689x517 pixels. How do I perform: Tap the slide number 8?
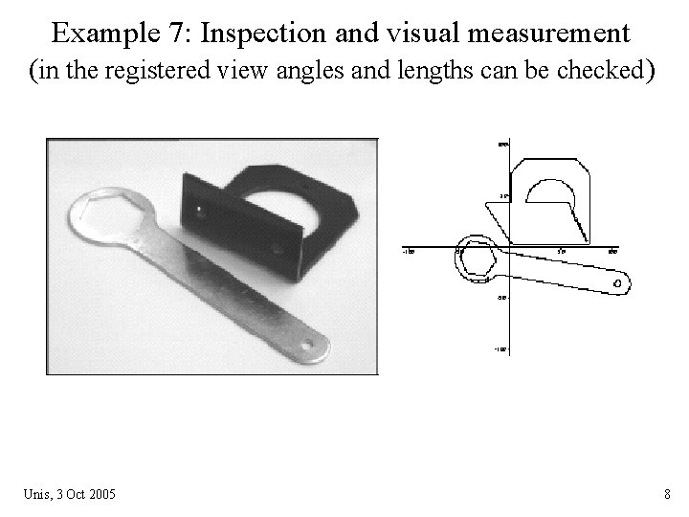666,494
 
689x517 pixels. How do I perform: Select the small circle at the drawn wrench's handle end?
617,283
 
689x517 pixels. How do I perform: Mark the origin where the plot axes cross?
507,247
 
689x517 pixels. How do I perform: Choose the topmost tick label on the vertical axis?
501,145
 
